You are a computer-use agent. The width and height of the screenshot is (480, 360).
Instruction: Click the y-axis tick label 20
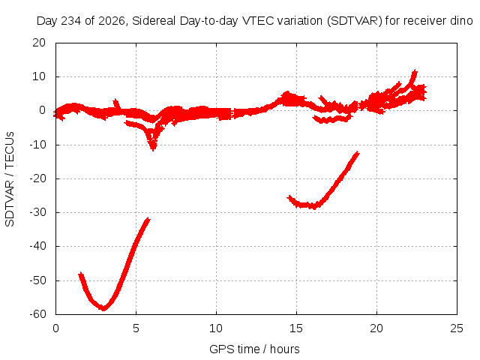(x=39, y=43)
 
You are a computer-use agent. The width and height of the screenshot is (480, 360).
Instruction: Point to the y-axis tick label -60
(x=37, y=313)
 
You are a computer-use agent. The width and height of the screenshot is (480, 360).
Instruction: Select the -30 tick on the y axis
(x=37, y=212)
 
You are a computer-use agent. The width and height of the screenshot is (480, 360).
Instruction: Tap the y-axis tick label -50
(x=37, y=280)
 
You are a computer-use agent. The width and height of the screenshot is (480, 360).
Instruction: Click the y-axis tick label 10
(x=39, y=76)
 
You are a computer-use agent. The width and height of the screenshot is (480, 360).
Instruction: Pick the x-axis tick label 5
(x=136, y=328)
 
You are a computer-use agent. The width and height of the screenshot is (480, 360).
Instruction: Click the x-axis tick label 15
(x=296, y=328)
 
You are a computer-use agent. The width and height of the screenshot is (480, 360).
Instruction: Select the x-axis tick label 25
(x=457, y=328)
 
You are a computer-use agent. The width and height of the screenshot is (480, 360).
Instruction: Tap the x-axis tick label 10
(x=216, y=328)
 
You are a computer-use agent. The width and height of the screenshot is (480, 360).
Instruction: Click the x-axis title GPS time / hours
(x=254, y=349)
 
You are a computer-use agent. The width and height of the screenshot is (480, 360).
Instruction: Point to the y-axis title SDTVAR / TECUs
(x=10, y=179)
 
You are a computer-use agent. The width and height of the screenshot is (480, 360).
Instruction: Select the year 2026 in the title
(x=112, y=21)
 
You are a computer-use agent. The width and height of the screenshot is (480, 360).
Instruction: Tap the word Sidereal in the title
(x=154, y=21)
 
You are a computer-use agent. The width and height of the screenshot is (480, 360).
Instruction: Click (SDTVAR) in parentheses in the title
(x=355, y=21)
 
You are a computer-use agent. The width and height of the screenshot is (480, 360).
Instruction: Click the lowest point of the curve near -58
(x=103, y=308)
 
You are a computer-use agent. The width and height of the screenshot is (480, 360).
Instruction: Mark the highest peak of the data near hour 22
(x=415, y=71)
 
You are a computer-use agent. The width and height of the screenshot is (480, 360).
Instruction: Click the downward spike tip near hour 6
(x=153, y=149)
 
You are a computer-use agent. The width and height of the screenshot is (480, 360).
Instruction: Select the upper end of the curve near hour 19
(x=357, y=153)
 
